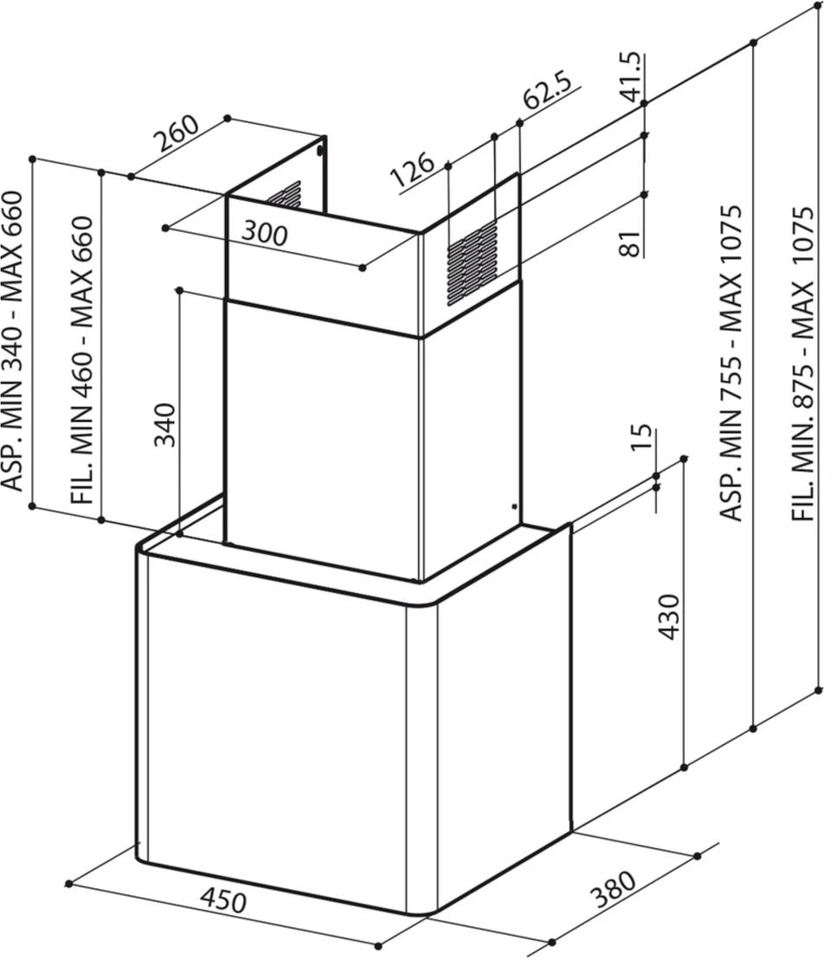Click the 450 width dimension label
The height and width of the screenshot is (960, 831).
point(223,899)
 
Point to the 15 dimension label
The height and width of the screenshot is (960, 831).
point(641,437)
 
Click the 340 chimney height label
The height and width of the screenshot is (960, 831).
point(164,424)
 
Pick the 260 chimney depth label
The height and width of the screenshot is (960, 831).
point(176,132)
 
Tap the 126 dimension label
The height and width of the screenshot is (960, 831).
point(412,168)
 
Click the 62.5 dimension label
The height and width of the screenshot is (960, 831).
point(546,91)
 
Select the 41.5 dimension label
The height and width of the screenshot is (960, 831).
point(631,76)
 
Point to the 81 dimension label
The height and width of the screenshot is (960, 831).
point(630,243)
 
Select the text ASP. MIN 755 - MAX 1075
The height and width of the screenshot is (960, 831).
point(731,363)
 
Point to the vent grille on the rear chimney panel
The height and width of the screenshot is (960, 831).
point(284,196)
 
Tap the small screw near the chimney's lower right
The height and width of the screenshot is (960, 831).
point(513,506)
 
